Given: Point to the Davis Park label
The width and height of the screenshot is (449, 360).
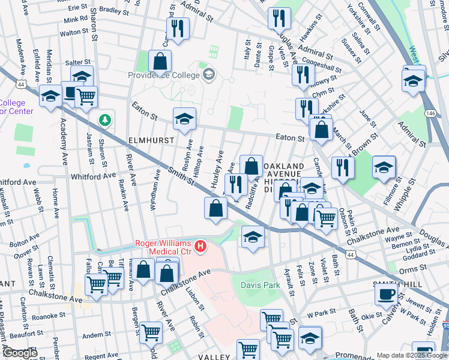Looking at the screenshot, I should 261,286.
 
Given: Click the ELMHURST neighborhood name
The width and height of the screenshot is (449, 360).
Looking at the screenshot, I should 151,140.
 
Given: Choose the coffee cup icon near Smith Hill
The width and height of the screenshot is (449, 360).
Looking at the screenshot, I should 387,294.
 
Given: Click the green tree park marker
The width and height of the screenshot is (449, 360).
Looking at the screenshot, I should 106,120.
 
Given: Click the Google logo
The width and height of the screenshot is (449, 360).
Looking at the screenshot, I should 20,353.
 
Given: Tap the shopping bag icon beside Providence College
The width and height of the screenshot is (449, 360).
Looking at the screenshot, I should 160,61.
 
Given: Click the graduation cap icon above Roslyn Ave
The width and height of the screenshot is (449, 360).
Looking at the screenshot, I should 184,118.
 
